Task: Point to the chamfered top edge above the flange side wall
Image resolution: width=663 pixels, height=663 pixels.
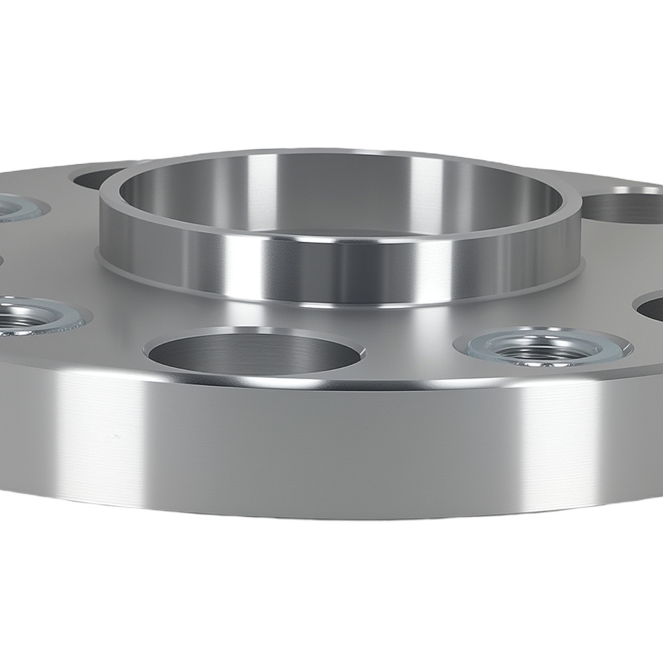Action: pos(331,381)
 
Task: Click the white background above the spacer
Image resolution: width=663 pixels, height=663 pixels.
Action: pos(331,66)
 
